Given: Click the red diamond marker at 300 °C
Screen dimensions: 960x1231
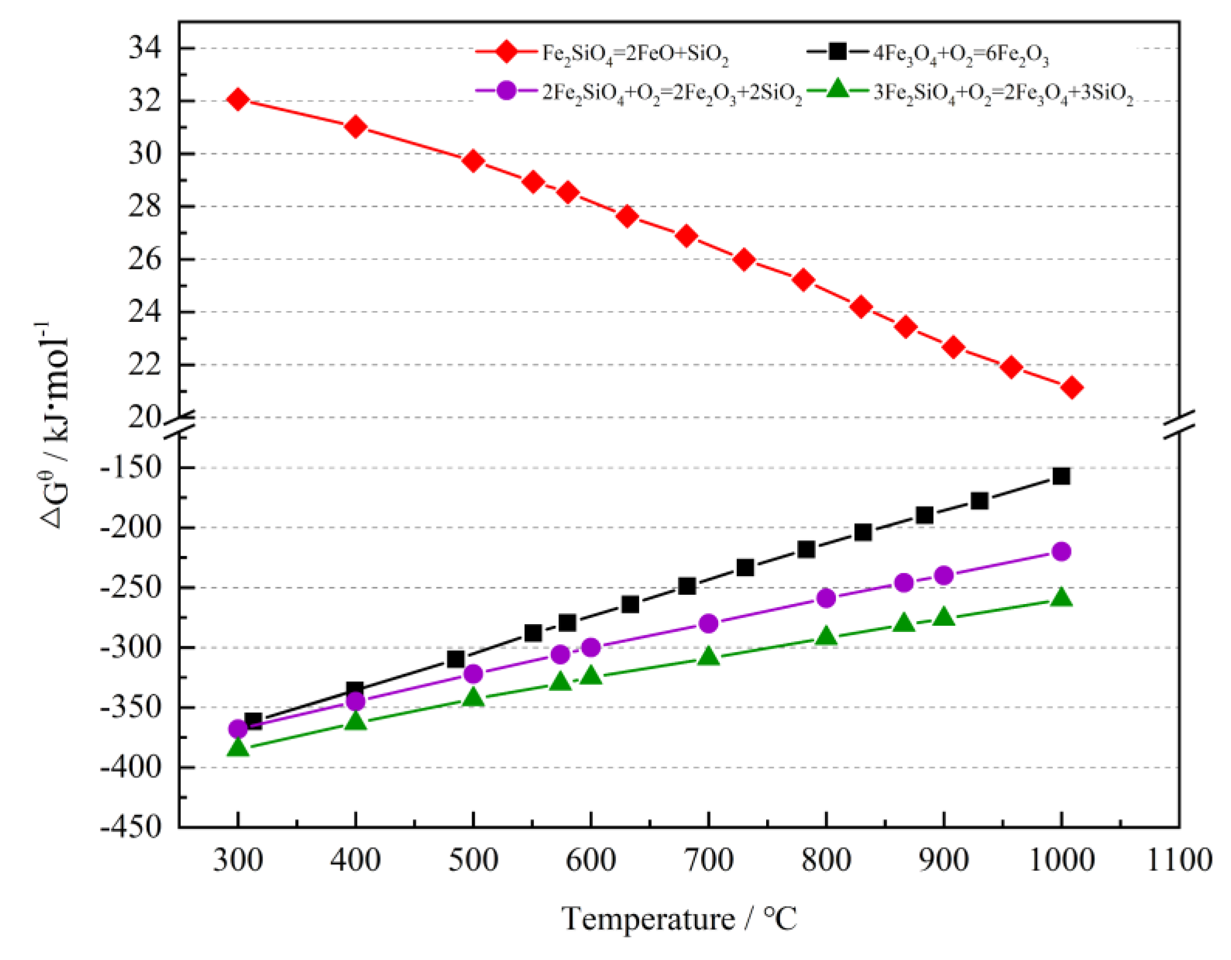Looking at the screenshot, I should [x=238, y=100].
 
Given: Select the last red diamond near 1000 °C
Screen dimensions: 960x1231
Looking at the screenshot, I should [x=1071, y=388].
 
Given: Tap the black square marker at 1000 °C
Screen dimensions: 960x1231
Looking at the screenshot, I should [x=1061, y=476].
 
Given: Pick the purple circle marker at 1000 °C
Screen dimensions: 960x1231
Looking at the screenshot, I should [x=1061, y=551].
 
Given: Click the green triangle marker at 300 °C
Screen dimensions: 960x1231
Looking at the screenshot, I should [x=238, y=748].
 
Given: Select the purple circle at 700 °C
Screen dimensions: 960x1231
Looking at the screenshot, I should [x=708, y=624].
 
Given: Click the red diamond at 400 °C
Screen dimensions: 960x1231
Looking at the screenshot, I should [x=355, y=127].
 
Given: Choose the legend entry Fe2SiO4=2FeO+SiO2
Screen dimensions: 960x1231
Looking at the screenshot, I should [x=635, y=54].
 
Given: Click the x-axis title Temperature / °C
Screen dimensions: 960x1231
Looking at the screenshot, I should [x=679, y=919].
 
